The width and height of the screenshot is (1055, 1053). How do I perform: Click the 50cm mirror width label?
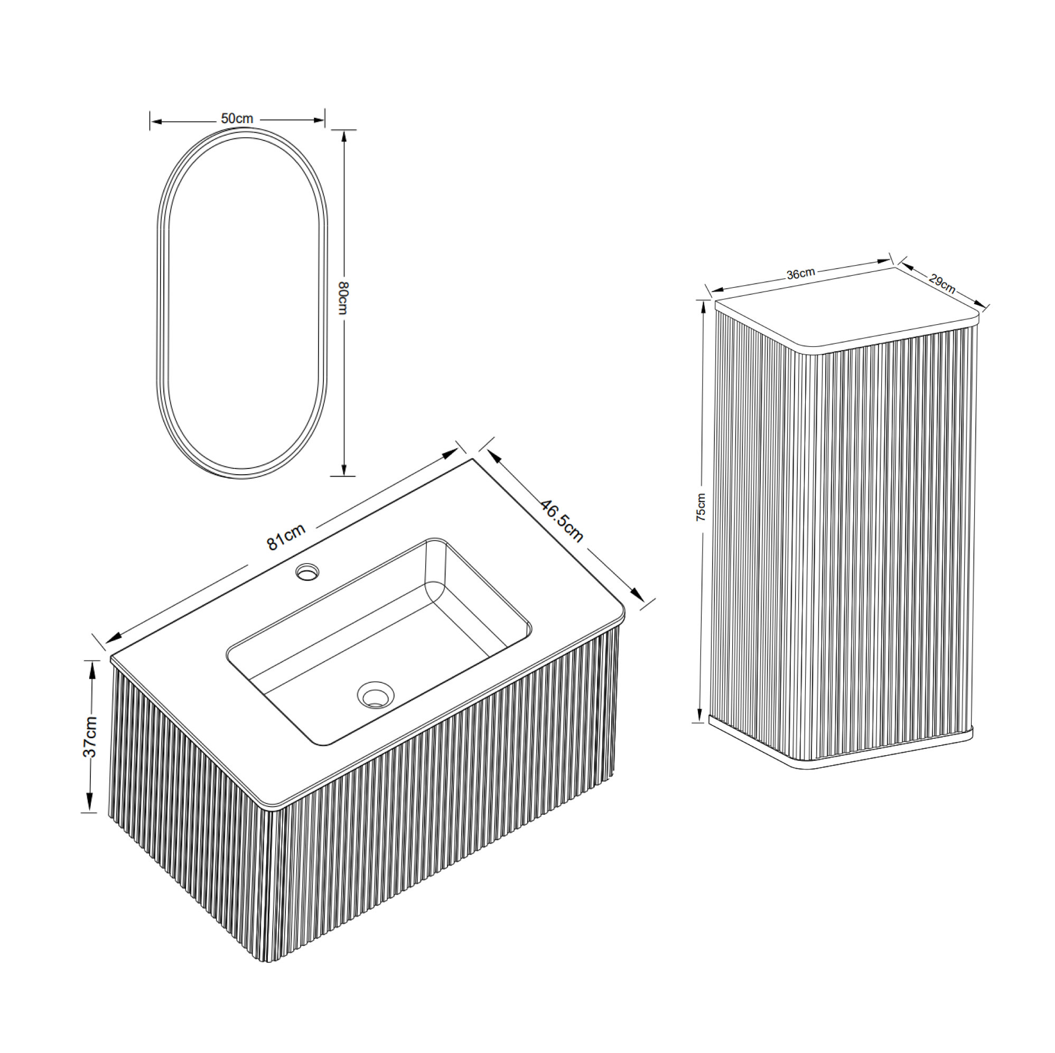[x=237, y=118]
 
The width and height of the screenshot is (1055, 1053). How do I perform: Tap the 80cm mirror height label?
[x=343, y=297]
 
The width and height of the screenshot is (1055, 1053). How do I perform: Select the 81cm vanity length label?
[x=286, y=537]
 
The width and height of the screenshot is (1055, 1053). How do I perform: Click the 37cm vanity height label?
[x=90, y=736]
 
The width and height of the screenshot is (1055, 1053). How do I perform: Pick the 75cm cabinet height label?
[x=701, y=507]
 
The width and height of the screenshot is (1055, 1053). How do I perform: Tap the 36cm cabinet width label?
[x=800, y=274]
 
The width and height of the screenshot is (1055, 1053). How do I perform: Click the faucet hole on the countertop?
[x=307, y=572]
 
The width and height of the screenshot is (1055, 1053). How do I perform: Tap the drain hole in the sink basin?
[x=376, y=695]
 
